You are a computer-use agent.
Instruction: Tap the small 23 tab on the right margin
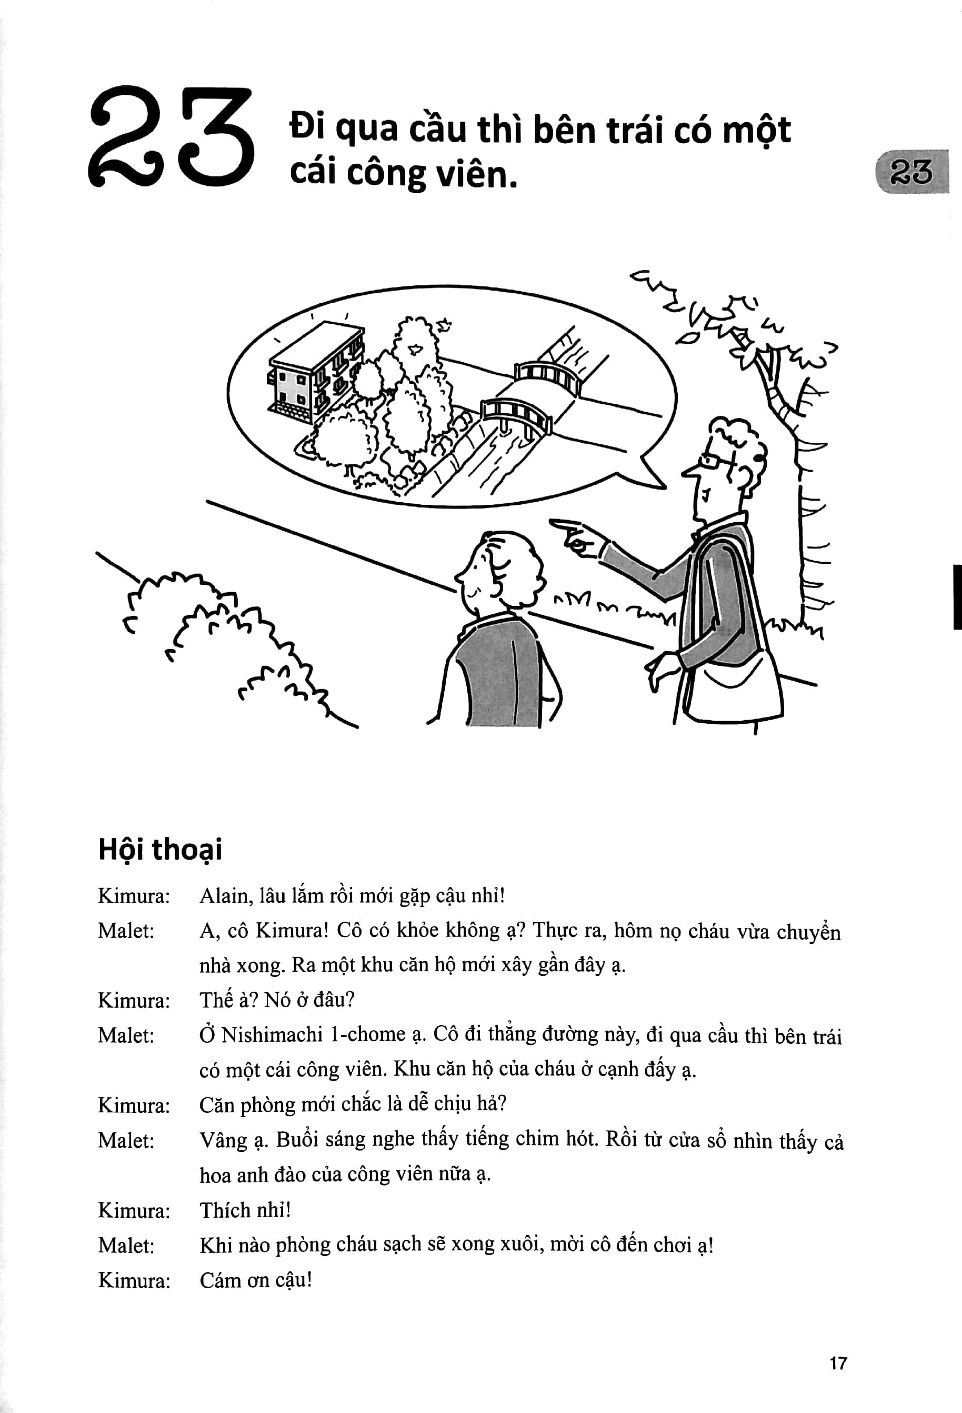pyautogui.click(x=911, y=172)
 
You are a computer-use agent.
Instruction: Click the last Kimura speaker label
pyautogui.click(x=134, y=1281)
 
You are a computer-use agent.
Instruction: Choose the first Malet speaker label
pyautogui.click(x=126, y=931)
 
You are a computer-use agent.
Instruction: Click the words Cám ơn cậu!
pyautogui.click(x=255, y=1280)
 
